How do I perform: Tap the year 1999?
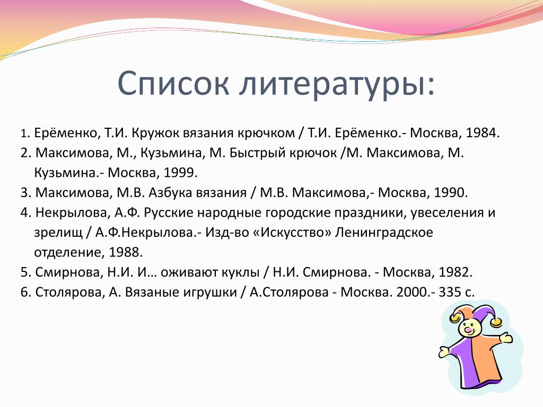pos(180,173)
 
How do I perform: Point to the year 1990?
pos(451,192)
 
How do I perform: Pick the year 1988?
pos(125,252)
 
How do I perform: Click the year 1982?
pos(456,272)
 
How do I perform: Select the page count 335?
pos(450,292)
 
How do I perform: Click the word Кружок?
pos(155,133)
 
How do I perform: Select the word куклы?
pos(240,273)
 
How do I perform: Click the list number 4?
pos(25,213)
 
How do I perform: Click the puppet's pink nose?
pos(468,331)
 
